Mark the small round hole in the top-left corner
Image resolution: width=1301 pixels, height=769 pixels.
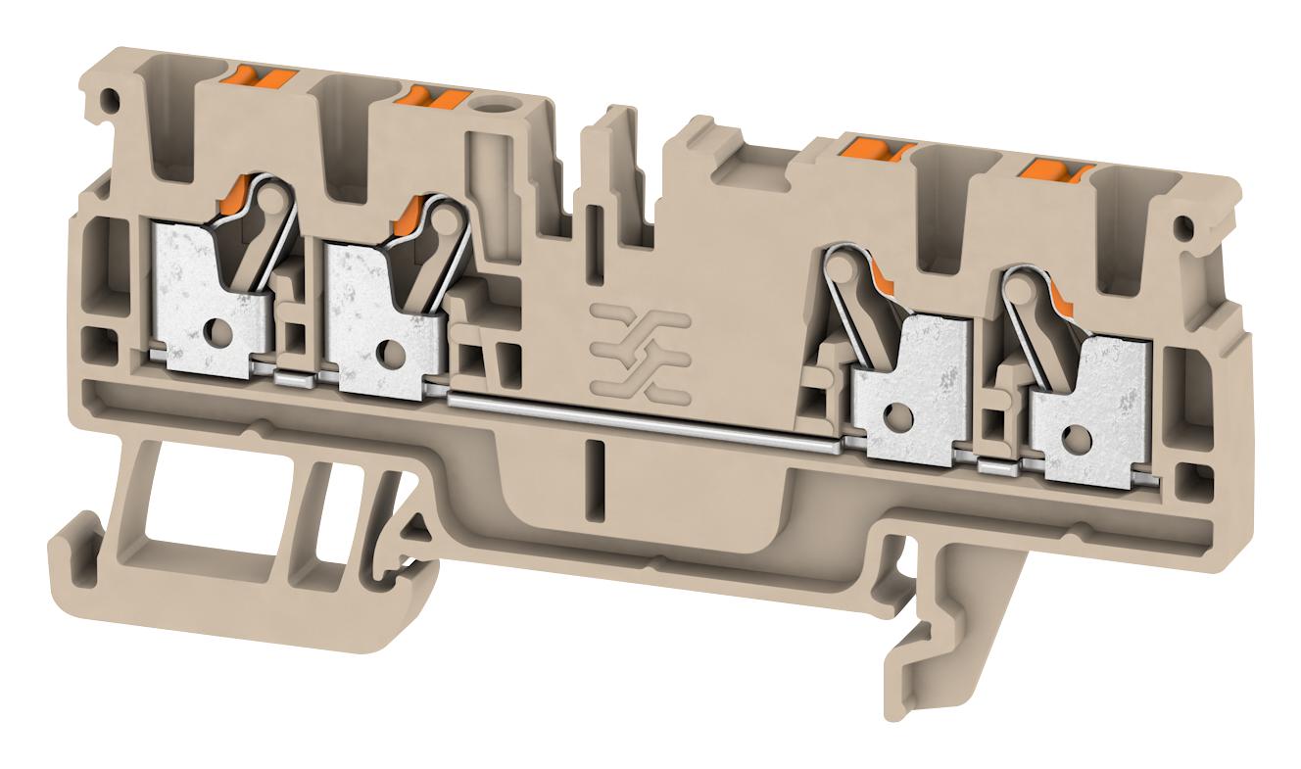pyautogui.click(x=112, y=99)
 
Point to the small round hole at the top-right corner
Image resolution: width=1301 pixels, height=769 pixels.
pyautogui.click(x=1186, y=229)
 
